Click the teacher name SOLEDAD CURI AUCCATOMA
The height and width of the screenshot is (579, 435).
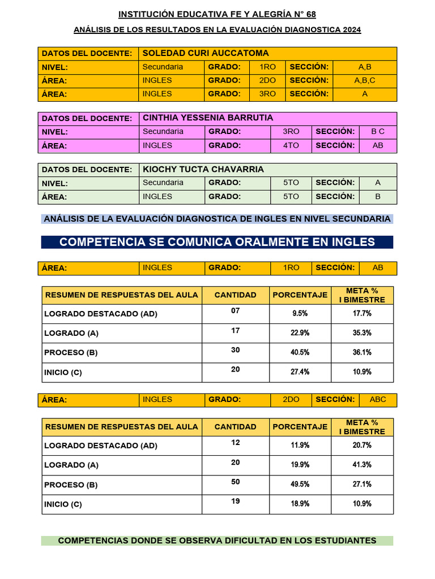[x=206, y=53]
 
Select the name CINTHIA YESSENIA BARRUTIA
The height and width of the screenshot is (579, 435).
[x=208, y=118]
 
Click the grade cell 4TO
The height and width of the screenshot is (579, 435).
[x=291, y=145]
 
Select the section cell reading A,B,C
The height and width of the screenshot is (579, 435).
[x=365, y=80]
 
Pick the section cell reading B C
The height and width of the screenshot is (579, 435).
[x=378, y=131]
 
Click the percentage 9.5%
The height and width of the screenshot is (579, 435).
[x=300, y=313]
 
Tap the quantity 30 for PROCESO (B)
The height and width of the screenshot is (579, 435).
[x=236, y=350]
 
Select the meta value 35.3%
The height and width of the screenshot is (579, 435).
[x=362, y=333]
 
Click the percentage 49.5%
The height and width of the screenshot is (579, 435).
[x=300, y=484]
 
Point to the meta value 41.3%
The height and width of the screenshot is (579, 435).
[x=362, y=465]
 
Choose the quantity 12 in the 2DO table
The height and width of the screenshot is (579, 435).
[x=236, y=443]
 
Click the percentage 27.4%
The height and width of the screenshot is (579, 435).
[x=300, y=372]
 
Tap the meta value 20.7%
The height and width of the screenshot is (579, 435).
[x=362, y=445]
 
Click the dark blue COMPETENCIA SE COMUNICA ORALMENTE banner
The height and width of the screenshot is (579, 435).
[x=217, y=242]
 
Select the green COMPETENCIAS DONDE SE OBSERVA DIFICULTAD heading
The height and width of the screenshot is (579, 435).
[x=217, y=541]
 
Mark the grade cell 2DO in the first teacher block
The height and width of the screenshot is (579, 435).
[x=267, y=80]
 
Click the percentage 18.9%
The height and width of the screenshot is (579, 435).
[x=300, y=504]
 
